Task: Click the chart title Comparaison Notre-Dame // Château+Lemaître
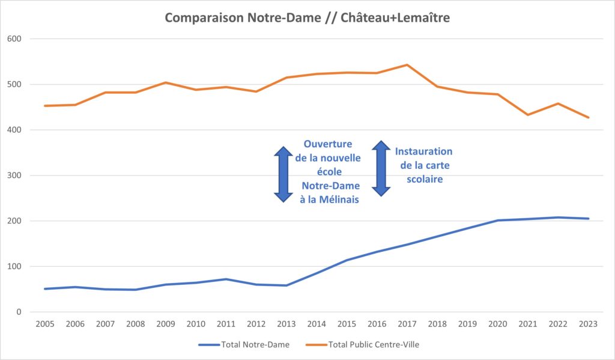[x=307, y=18]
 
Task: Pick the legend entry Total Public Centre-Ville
[x=370, y=344]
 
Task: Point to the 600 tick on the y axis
[x=16, y=39]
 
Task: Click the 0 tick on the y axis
[x=20, y=312]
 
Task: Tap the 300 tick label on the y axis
[x=16, y=175]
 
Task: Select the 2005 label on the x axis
[x=45, y=324]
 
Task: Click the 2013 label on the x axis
[x=286, y=324]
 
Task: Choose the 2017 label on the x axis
[x=407, y=324]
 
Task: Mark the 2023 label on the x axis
[x=587, y=324]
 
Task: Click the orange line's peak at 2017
[x=407, y=65]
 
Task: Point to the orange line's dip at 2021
[x=527, y=115]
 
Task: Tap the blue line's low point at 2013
[x=286, y=285]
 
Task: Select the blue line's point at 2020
[x=497, y=221]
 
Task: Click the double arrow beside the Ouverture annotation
[x=283, y=174]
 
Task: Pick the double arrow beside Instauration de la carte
[x=381, y=168]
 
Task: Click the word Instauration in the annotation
[x=423, y=151]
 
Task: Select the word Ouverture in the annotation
[x=328, y=144]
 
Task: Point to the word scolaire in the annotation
[x=424, y=179]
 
